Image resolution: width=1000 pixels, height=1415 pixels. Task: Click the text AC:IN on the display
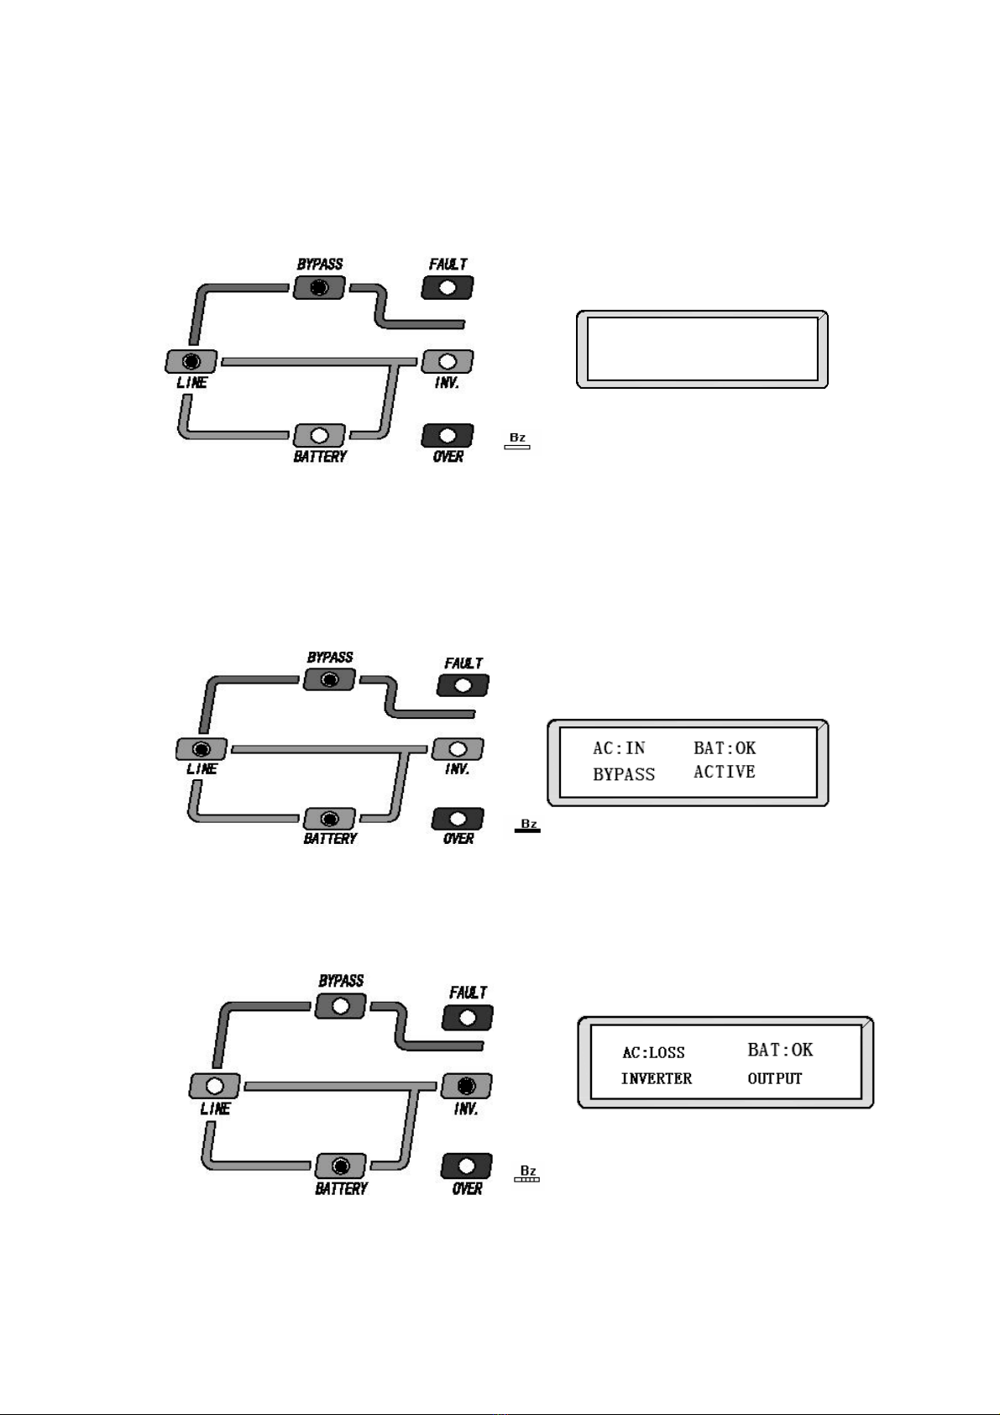point(619,748)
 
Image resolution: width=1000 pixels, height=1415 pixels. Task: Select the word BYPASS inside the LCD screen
point(624,774)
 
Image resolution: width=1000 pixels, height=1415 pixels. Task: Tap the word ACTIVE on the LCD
point(724,772)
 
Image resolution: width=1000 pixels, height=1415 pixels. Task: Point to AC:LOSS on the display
point(653,1052)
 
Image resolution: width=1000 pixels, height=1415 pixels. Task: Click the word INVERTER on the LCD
point(657,1078)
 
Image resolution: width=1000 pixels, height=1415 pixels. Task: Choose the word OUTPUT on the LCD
point(775,1078)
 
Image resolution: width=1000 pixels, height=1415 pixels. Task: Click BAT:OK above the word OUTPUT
point(780,1050)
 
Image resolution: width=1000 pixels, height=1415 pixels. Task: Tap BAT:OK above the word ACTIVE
point(725,747)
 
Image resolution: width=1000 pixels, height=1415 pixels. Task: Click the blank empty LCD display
point(702,349)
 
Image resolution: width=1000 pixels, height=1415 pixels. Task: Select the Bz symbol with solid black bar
point(528,826)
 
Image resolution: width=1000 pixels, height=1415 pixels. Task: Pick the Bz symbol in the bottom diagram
point(527,1173)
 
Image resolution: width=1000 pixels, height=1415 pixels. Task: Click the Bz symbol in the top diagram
point(517,441)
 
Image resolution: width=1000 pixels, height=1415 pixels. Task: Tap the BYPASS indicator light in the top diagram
point(319,288)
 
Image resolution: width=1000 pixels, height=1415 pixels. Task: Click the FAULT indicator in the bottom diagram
point(468,1018)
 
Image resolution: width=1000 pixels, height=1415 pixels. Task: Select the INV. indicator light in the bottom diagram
point(466,1085)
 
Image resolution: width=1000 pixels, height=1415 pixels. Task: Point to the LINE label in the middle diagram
point(202,768)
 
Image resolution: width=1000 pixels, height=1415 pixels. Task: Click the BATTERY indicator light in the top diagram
point(319,436)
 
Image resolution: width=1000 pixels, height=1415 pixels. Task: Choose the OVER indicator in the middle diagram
point(458,819)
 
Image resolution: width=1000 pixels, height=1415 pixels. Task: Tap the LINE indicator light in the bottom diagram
point(215,1085)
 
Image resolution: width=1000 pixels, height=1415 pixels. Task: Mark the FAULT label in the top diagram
point(448,265)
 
